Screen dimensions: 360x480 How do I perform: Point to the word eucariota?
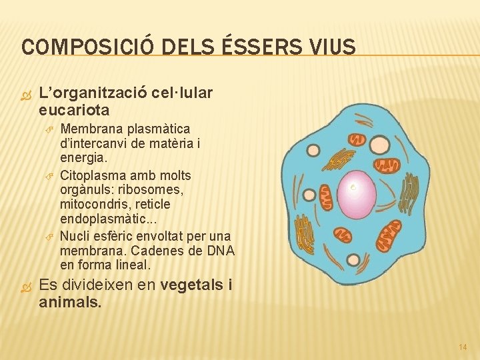pos(74,109)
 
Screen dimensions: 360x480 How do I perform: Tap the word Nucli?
pos(75,236)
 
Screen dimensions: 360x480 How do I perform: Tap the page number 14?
pos(463,346)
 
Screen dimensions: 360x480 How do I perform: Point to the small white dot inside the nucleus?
pos(353,187)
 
